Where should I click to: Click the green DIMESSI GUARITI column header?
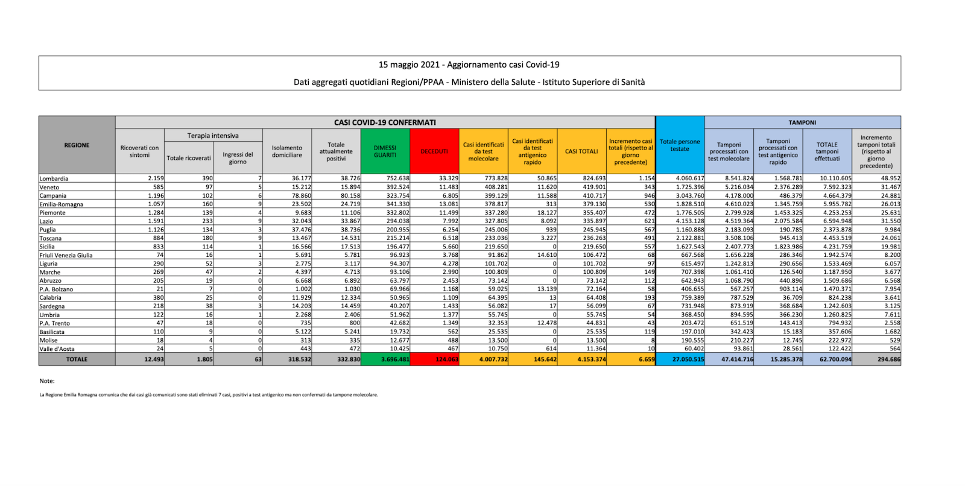point(385,151)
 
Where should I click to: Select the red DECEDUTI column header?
point(434,151)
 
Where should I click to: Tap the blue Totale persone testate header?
point(680,145)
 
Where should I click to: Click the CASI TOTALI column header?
point(581,151)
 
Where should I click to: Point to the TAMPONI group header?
point(802,122)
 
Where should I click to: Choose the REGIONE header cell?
point(77,145)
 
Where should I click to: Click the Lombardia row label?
point(54,178)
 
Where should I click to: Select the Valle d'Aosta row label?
point(57,349)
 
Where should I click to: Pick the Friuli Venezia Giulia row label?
point(66,255)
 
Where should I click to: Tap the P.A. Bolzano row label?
point(57,289)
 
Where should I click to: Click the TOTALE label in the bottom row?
point(77,359)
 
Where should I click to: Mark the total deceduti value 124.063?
point(446,359)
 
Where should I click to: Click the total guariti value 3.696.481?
point(395,359)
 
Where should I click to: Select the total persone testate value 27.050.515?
point(688,359)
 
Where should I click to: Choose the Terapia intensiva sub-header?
point(213,136)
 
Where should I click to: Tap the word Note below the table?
point(47,381)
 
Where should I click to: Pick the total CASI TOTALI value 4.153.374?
point(592,359)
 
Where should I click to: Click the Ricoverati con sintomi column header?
point(139,151)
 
